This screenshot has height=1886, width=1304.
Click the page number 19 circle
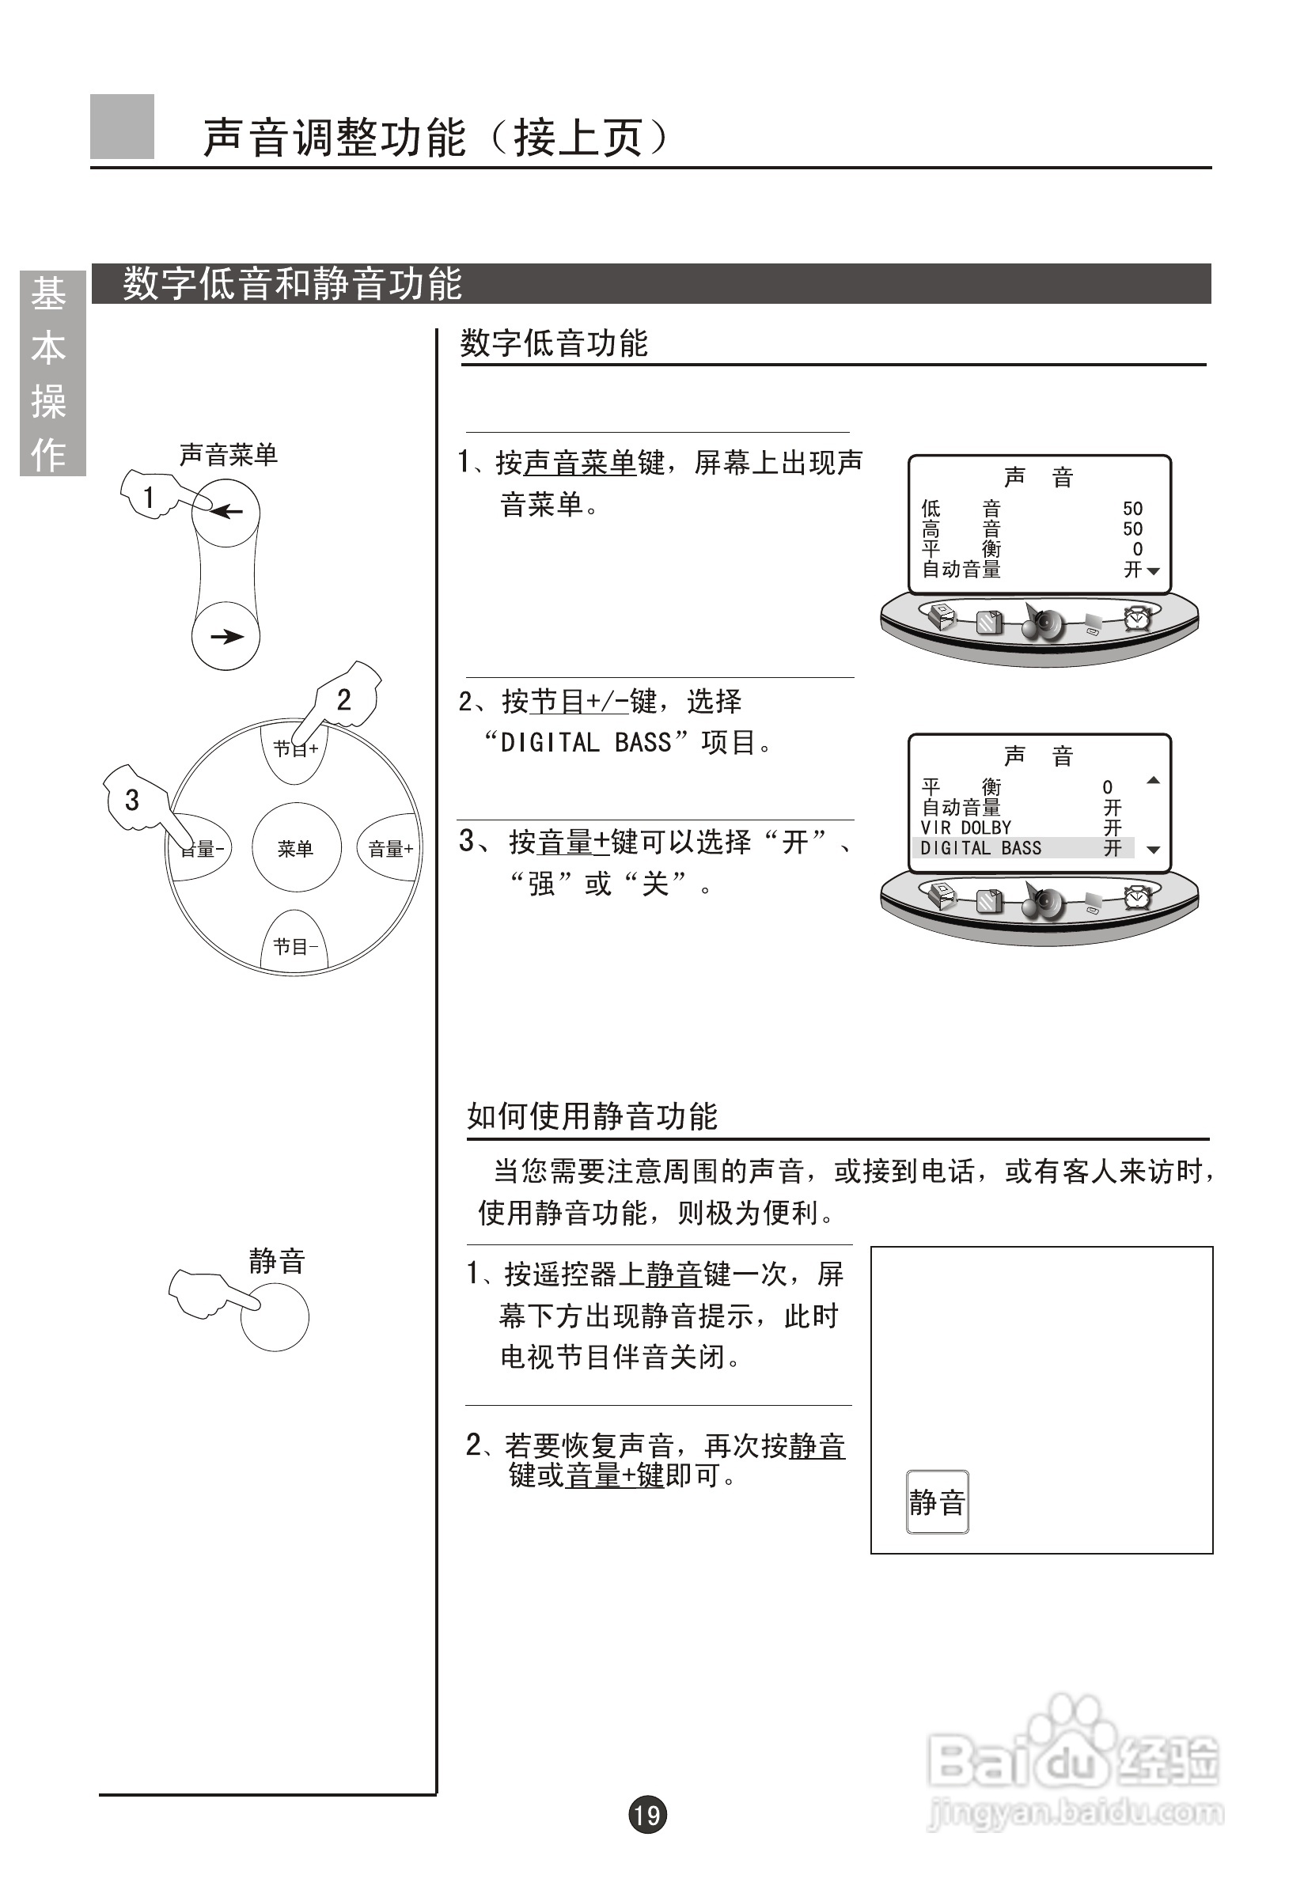pos(647,1815)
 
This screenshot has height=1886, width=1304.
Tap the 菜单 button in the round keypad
pos(295,848)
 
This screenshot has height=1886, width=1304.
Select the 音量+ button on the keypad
pos(390,848)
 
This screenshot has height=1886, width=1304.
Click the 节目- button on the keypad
pos(295,946)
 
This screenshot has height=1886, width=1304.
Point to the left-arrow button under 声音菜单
pos(226,512)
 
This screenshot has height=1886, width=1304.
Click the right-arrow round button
pos(226,636)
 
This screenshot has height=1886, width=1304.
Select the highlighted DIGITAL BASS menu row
pos(1022,848)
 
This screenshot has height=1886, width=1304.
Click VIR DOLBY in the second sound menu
pos(966,827)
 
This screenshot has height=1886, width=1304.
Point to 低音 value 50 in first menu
pos(1132,508)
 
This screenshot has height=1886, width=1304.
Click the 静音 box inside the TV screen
pos(937,1502)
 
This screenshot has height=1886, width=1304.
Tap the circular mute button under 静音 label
pos(275,1316)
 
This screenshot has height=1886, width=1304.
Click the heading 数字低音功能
pos(554,343)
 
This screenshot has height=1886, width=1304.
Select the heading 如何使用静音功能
pos(592,1115)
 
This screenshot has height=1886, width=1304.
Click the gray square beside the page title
pos(122,127)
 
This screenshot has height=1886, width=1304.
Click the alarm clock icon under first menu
pos(1136,619)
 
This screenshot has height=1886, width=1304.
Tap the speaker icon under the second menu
pos(1042,902)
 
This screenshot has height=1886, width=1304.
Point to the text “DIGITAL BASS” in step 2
pos(586,743)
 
